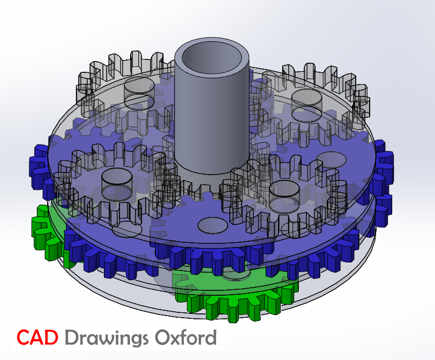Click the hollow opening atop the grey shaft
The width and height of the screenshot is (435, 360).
pos(212,55)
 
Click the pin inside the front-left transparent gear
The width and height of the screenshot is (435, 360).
pos(116,182)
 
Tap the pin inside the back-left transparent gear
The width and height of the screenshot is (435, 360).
pos(139,92)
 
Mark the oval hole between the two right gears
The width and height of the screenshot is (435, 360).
pos(331,159)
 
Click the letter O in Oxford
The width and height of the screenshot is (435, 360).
pos(163,337)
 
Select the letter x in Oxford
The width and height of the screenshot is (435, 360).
pos(176,339)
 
